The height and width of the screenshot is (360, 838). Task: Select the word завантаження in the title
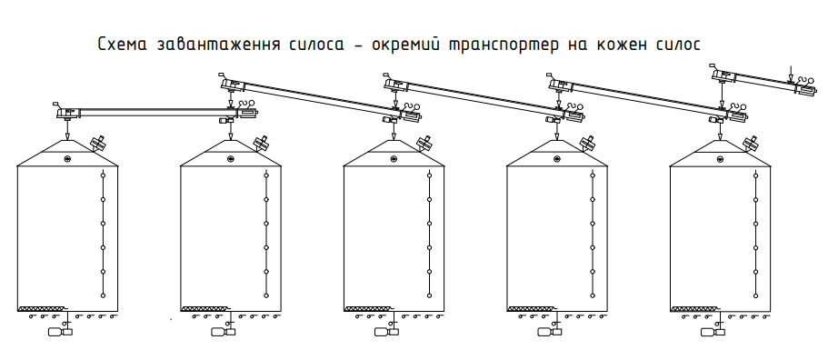[219, 45]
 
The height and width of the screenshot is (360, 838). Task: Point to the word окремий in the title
[397, 45]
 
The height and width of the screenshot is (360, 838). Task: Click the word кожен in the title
[617, 45]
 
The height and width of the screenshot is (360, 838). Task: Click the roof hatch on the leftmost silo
[98, 143]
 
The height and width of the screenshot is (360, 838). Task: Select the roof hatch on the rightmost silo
[751, 143]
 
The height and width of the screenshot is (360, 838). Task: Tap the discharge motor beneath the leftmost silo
[60, 332]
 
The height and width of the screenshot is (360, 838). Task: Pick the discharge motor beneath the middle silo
[386, 332]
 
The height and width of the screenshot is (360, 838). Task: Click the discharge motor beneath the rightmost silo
[713, 332]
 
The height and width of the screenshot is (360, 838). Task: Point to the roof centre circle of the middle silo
[394, 158]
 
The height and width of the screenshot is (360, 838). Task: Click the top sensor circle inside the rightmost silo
[755, 175]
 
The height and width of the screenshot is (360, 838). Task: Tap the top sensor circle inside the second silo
[266, 175]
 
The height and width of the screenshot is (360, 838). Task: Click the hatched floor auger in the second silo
[205, 309]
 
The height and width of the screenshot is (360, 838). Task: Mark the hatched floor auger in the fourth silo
[531, 309]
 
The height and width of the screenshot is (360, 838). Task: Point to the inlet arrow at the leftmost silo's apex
[67, 130]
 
